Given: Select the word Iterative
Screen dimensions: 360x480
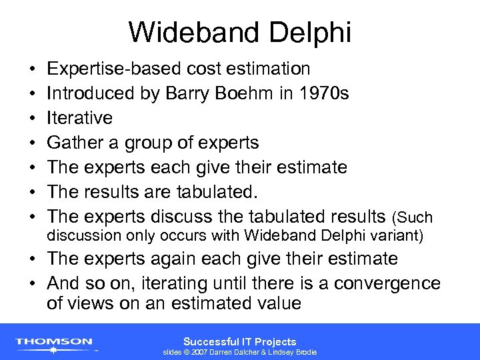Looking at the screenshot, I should pos(79,118).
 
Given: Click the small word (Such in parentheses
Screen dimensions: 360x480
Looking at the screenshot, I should pos(413,218).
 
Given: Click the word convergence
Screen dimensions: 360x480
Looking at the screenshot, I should pos(387,283).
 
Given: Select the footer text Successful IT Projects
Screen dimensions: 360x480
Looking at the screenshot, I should pos(239,341).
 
